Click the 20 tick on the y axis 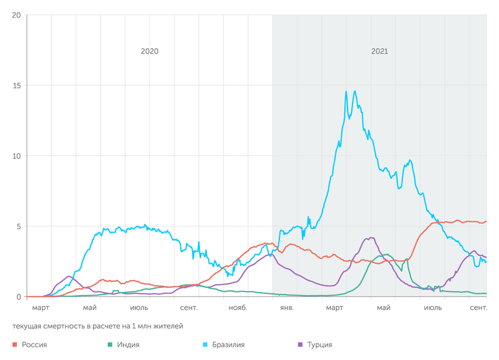tap(16, 15)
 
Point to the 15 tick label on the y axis tap(16, 86)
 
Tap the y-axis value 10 tap(16, 156)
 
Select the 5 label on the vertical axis tap(18, 226)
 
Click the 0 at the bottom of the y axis tap(18, 297)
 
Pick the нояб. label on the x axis tap(236, 308)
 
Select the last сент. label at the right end tap(479, 308)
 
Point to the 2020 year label tap(150, 52)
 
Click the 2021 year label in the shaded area tap(379, 52)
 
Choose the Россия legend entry tap(34, 345)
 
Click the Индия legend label tap(127, 345)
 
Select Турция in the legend tap(320, 345)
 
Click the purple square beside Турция tap(300, 345)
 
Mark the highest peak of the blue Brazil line tap(355, 91)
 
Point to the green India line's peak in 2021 tap(384, 254)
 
